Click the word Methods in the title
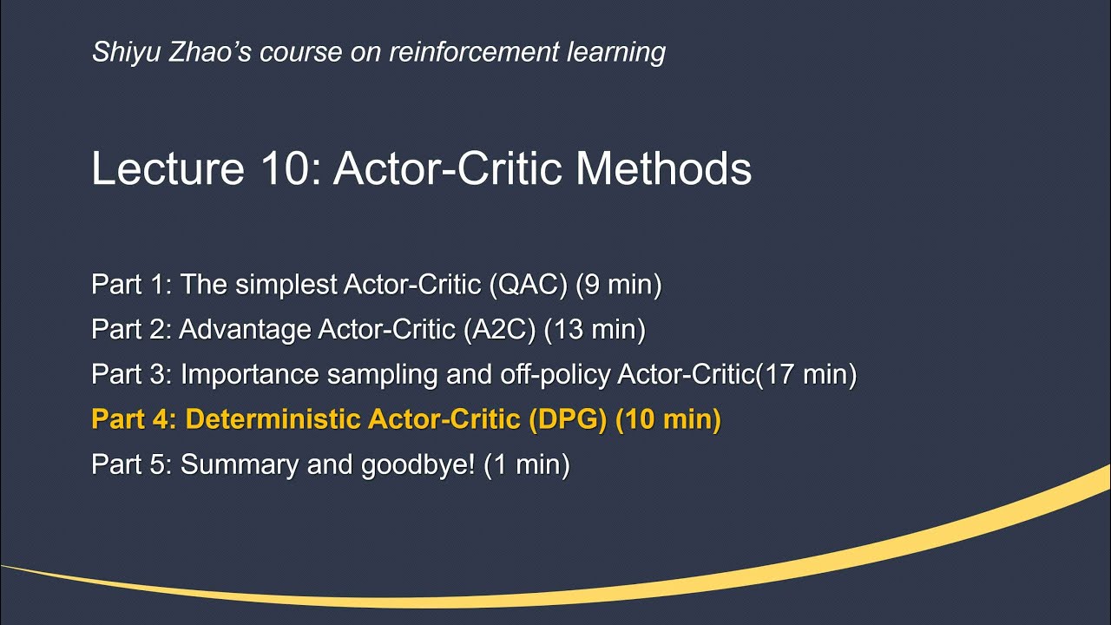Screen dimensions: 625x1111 [663, 168]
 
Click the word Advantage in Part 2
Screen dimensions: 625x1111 [245, 330]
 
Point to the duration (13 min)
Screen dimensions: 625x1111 [598, 330]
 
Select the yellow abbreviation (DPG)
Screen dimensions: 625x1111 [568, 420]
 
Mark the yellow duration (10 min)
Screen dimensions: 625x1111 [668, 420]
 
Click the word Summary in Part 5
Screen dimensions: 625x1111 [239, 465]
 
